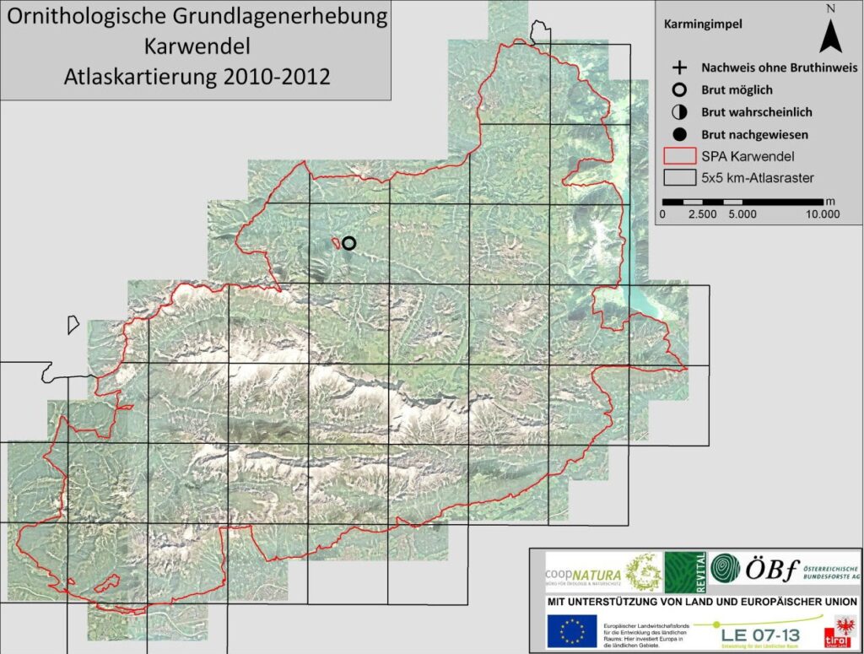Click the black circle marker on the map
tap(348, 243)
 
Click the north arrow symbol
tap(830, 35)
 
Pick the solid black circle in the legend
tap(678, 134)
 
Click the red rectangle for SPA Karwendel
tap(678, 156)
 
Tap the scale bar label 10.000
tap(823, 214)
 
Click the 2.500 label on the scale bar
tap(702, 214)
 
